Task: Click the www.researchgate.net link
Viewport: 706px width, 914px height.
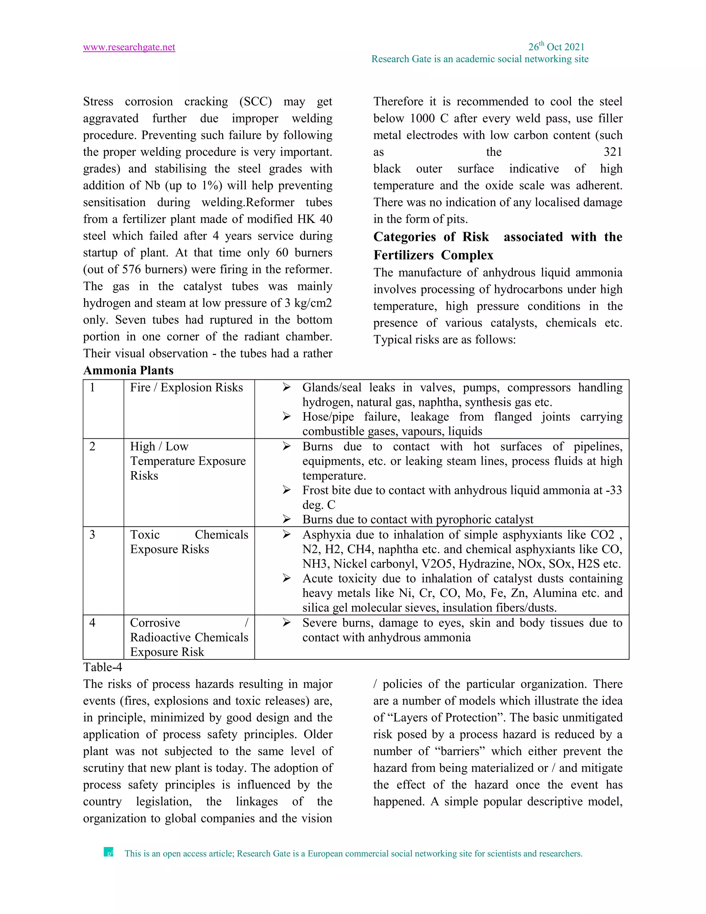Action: pyautogui.click(x=129, y=47)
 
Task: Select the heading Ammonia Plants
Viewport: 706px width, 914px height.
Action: pyautogui.click(x=128, y=370)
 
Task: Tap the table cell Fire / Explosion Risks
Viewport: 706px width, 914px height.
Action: pyautogui.click(x=186, y=388)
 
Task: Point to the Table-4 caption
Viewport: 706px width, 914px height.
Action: pyautogui.click(x=102, y=667)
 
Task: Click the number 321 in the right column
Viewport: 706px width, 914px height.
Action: pyautogui.click(x=612, y=152)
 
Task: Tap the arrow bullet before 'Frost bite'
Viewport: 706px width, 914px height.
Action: pyautogui.click(x=286, y=490)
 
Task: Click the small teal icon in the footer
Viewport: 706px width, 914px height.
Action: pyautogui.click(x=108, y=853)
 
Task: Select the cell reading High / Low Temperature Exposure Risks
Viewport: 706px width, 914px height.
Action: pyautogui.click(x=188, y=461)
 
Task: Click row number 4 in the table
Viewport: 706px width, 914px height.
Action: pyautogui.click(x=92, y=623)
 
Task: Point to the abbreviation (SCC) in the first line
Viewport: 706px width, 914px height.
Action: pyautogui.click(x=255, y=102)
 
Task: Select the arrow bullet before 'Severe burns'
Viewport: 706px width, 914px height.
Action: pyautogui.click(x=286, y=623)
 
